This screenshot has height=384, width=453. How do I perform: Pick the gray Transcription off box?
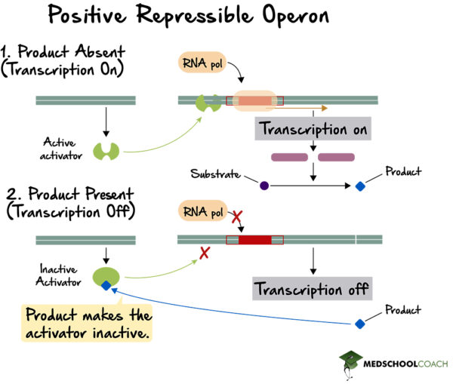pos(311,289)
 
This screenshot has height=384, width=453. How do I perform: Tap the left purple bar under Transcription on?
pos(289,158)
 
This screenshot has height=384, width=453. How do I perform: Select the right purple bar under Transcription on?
pos(336,158)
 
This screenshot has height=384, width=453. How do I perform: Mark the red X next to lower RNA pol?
pos(236,217)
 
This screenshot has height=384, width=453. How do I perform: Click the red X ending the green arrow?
pos(204,253)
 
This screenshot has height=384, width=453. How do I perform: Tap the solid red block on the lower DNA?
pos(254,240)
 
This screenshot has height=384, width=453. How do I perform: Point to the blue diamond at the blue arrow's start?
pos(360,323)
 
